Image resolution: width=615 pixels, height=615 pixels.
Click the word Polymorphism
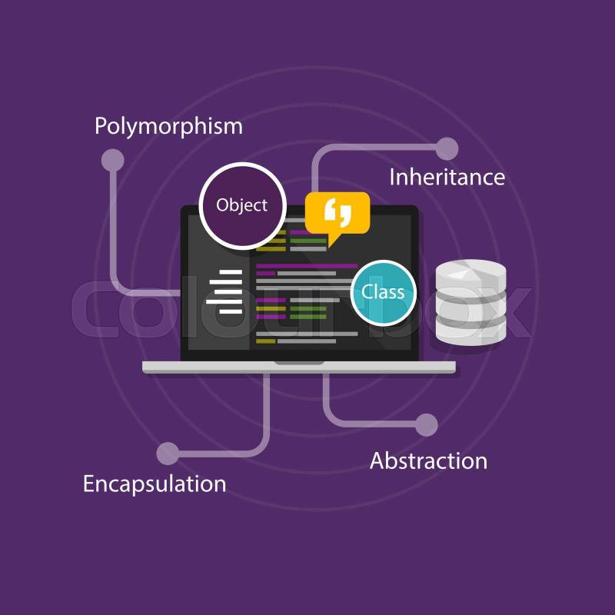168,125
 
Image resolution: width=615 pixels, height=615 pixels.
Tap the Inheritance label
447,177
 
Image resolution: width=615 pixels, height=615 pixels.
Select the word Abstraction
428,460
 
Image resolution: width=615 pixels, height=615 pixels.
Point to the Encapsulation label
155,484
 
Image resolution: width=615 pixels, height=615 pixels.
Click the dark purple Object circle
243,205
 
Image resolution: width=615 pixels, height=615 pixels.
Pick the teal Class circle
383,292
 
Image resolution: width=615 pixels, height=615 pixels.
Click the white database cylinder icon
470,301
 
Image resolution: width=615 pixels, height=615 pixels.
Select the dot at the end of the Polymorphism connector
113,160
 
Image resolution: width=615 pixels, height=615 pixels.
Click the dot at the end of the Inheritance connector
447,148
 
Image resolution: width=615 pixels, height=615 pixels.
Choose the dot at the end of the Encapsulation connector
168,454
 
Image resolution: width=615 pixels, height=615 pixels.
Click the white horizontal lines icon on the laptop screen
224,291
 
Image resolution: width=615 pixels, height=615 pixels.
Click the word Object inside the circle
242,205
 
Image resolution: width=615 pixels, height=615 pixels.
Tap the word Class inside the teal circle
383,292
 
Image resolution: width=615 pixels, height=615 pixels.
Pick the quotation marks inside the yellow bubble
337,209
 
